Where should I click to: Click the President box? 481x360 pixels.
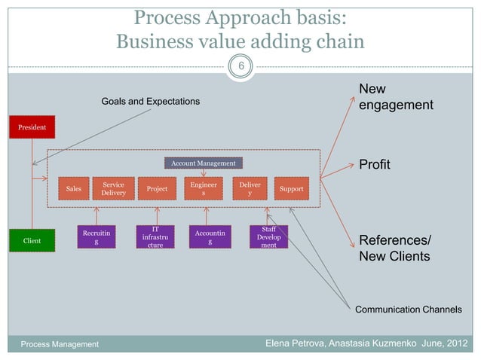(32, 127)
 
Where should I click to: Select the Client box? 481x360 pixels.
(32, 241)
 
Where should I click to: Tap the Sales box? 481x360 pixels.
(74, 189)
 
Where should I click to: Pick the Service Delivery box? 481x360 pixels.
(114, 188)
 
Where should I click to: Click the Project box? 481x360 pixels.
(157, 189)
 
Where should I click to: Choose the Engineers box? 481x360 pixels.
(204, 188)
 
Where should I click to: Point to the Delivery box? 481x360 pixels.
(250, 188)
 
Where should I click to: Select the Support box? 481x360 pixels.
(291, 189)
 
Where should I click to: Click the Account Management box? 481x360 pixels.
(203, 163)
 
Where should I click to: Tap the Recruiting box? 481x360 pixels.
(96, 238)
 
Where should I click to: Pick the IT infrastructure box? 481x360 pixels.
(155, 237)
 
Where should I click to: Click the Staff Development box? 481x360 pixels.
(268, 236)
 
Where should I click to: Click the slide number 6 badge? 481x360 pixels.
(241, 67)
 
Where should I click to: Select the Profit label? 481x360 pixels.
(374, 164)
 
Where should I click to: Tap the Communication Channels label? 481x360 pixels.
(408, 309)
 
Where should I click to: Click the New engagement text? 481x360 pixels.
(395, 97)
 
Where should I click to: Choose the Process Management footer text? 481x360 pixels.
(60, 344)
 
